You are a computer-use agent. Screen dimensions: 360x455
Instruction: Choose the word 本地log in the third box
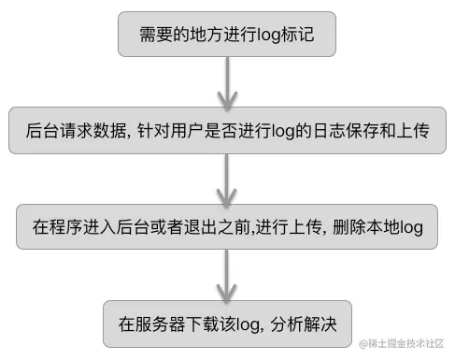tap(394, 227)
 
